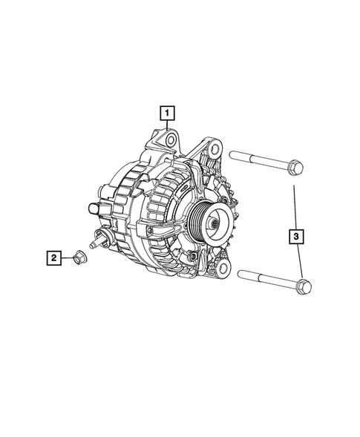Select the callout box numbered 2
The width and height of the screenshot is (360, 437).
tap(53, 258)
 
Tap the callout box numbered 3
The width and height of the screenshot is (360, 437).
tap(296, 237)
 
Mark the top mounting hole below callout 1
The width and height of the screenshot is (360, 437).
tap(170, 139)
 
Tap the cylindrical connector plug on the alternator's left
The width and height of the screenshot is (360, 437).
tap(94, 208)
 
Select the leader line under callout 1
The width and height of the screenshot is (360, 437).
tap(169, 127)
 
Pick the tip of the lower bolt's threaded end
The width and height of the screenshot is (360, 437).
tap(241, 277)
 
